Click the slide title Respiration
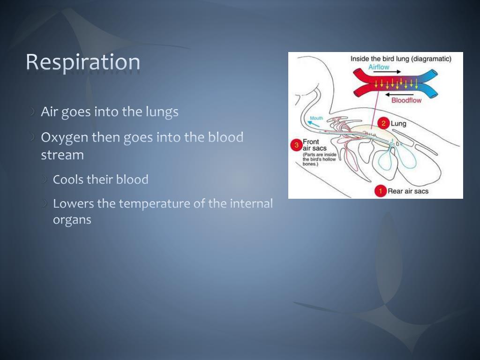tap(82, 62)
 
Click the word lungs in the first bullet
tap(162, 112)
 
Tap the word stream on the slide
tap(62, 155)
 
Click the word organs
tap(72, 219)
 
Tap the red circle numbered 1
tap(381, 191)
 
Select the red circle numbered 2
tap(383, 124)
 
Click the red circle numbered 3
tap(296, 145)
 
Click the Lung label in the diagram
tap(398, 124)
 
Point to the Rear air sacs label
tap(408, 191)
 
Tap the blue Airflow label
tap(379, 67)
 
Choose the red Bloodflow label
tap(406, 100)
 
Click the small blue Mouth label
tap(316, 118)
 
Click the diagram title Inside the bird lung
tap(401, 59)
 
